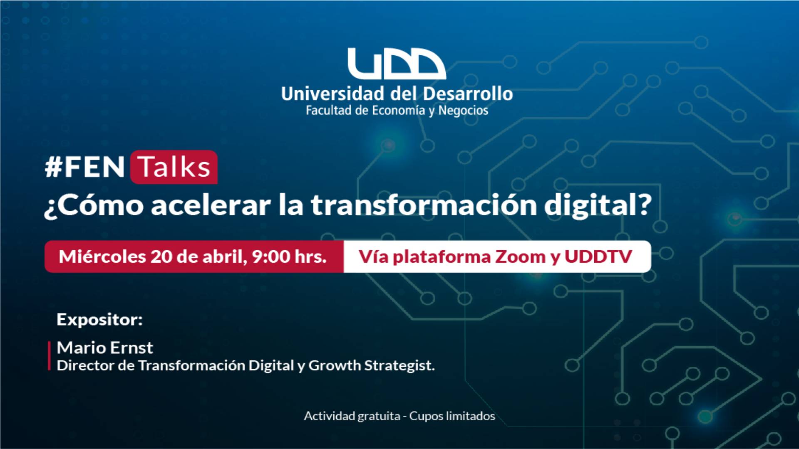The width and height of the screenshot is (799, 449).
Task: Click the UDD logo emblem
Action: tap(397, 64)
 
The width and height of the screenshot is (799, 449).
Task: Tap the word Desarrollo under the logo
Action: tap(464, 94)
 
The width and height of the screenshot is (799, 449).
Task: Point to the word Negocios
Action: tap(463, 111)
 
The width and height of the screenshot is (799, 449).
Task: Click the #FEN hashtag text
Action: tap(85, 167)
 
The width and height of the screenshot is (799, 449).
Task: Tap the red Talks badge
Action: tap(174, 167)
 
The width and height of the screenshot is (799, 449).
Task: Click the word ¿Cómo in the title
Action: tap(94, 205)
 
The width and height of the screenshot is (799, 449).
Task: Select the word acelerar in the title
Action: tap(211, 205)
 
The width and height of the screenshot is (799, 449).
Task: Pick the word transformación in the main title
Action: tap(424, 205)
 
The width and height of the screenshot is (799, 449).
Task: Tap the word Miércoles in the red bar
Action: tap(102, 257)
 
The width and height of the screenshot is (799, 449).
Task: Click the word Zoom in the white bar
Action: tap(520, 257)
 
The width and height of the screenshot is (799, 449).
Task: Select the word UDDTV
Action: tap(598, 257)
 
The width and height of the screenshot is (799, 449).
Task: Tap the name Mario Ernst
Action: tap(105, 348)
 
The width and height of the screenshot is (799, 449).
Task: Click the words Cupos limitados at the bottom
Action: tap(452, 416)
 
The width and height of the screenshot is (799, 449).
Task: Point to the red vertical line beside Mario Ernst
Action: tap(49, 355)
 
